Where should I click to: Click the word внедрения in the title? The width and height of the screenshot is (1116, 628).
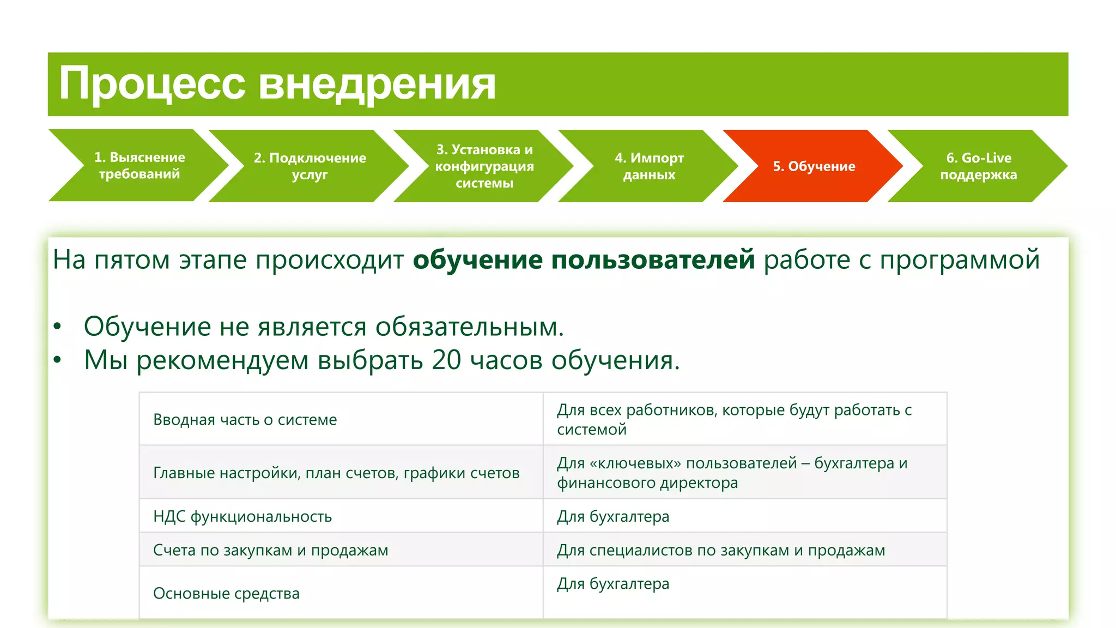pos(377,84)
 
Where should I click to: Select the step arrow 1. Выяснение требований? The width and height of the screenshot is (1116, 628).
pos(139,166)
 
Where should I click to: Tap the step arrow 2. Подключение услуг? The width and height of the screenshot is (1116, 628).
pos(309,166)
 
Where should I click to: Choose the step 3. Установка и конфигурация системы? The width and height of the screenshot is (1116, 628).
pos(484,166)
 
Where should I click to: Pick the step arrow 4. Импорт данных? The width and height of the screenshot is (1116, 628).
pos(648,166)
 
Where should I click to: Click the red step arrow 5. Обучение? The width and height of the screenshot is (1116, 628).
pos(814,166)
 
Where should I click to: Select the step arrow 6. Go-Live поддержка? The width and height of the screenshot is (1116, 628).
pos(978,166)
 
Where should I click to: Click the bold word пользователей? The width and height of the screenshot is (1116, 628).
pos(653,259)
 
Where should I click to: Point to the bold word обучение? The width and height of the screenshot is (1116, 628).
pos(477,259)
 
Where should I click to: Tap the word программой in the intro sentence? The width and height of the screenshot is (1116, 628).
pos(960,259)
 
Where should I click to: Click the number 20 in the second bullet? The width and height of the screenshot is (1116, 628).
pos(446,360)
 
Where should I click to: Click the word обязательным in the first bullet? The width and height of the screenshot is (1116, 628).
pos(469,327)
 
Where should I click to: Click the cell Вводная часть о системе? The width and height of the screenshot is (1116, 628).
pos(245,420)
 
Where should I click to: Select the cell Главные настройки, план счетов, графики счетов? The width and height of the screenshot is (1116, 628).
pos(336,473)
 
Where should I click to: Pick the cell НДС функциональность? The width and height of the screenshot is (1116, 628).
pos(242,516)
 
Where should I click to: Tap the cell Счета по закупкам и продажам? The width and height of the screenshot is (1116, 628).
pos(270,550)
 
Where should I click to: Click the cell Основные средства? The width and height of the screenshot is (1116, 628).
pos(226,593)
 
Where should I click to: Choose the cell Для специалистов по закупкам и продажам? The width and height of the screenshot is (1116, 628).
pos(720,550)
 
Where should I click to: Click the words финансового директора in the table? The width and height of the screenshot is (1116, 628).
pos(647,483)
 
